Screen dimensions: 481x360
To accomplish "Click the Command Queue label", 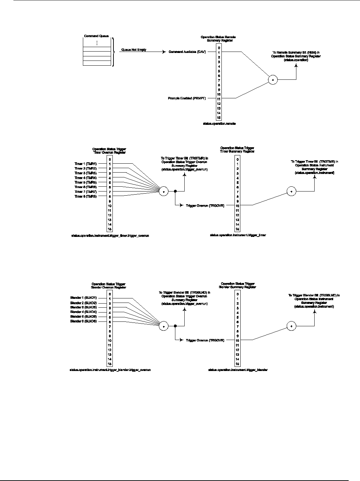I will [x=96, y=36].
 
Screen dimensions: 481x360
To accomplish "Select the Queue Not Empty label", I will [x=134, y=50].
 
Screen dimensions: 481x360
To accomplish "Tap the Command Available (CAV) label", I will [x=187, y=52].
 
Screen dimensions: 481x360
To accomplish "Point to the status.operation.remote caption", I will [x=219, y=123].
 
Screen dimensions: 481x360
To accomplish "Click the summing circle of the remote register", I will [x=273, y=80].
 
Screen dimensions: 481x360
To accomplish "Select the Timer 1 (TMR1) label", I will [x=86, y=164].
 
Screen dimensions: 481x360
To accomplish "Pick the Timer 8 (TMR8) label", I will [x=86, y=196].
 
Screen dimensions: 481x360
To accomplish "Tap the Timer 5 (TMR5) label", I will [x=86, y=182].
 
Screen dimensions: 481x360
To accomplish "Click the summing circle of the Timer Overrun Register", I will [x=164, y=191].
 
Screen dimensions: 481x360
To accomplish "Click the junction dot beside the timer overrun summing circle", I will [x=175, y=191].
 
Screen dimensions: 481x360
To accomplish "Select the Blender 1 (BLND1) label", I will [x=84, y=297].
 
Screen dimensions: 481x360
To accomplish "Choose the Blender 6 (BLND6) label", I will [x=84, y=321].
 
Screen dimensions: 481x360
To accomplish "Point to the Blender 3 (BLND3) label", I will [x=84, y=307].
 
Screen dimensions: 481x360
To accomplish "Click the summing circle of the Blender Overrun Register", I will [x=164, y=326].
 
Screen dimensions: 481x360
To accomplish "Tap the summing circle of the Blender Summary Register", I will [x=291, y=326].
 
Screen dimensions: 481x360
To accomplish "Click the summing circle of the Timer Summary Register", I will [x=291, y=191].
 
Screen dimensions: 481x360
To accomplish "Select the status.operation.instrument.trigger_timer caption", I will [x=238, y=235].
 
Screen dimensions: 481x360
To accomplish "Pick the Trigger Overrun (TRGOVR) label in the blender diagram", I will [x=205, y=340].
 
